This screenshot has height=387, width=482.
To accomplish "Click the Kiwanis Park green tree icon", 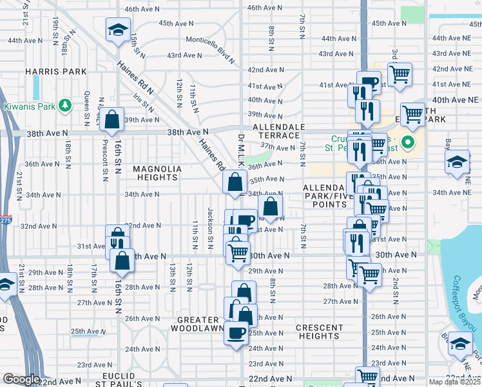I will [x=64, y=105].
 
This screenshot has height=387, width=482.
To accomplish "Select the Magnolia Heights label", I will [x=158, y=169].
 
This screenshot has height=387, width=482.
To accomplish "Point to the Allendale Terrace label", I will [x=278, y=132].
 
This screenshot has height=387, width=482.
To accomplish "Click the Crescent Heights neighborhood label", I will [x=320, y=332].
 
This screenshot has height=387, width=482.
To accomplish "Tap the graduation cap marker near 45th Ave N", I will [x=118, y=30].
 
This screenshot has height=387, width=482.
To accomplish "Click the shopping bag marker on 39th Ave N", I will [x=111, y=120].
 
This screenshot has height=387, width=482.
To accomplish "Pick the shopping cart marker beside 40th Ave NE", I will [x=413, y=115].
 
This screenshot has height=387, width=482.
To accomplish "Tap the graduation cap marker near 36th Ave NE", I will [x=457, y=161].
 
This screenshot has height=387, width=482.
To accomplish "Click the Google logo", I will [x=22, y=380].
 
